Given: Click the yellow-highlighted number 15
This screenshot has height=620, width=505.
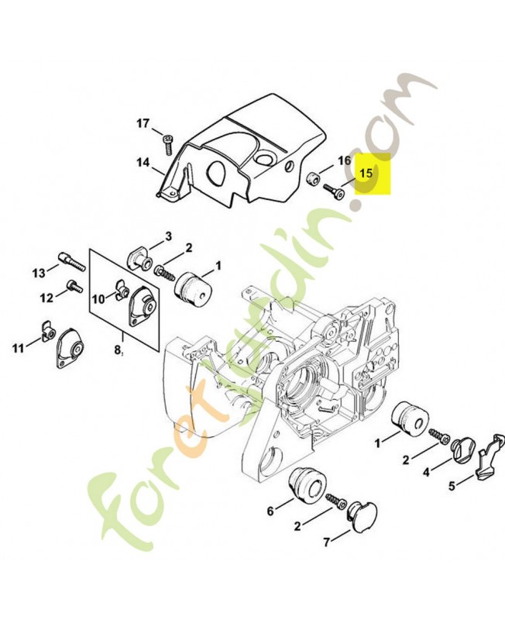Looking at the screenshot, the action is point(366,173).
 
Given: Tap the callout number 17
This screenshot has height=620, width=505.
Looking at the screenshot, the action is point(143,124).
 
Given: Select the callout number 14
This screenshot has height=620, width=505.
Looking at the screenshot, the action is point(143,162).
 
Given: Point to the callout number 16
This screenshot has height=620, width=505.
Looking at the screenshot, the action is point(344,160).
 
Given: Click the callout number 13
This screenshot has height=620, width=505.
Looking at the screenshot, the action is point(40,274).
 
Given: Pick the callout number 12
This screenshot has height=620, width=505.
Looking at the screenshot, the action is point(46,298).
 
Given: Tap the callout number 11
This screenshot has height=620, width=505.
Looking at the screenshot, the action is point(18,348).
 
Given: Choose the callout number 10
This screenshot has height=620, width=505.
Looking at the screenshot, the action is point(98,299).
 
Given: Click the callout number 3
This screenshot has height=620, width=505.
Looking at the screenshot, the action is point(168,236).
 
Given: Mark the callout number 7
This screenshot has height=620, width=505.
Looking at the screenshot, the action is point(326,542).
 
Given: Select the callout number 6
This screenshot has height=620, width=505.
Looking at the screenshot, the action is point(270,511).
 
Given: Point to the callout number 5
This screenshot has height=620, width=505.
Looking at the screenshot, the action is point(452,486).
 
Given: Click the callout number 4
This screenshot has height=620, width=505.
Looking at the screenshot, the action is point(426,472).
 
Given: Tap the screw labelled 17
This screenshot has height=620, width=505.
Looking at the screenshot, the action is point(168,145).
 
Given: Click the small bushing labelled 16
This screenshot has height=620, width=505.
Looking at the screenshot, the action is point(314,177).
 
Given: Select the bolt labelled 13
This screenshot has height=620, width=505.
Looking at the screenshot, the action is point(72,261).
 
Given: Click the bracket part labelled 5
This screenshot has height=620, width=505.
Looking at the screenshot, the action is point(491,456).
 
